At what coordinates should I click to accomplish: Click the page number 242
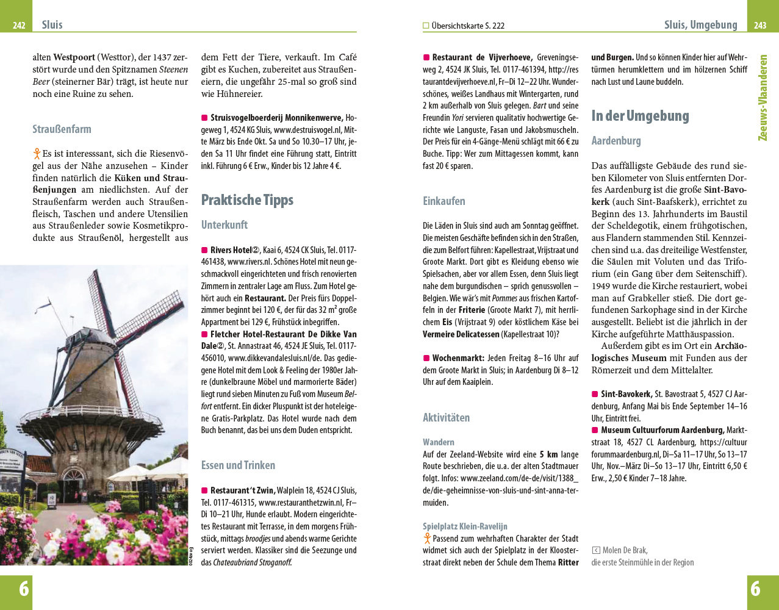click(x=19, y=26)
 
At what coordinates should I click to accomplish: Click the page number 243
click(x=759, y=26)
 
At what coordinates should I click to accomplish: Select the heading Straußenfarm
click(x=62, y=129)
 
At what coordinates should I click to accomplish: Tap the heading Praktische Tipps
click(x=247, y=200)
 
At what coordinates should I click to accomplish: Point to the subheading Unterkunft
click(x=224, y=225)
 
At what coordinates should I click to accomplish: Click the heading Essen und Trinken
click(x=238, y=465)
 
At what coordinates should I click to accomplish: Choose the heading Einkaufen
click(x=443, y=201)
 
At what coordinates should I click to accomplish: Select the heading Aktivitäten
click(x=446, y=418)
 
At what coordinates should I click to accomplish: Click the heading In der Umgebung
click(x=640, y=116)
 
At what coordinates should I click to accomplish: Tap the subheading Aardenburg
click(x=616, y=141)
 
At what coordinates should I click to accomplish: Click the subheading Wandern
click(x=438, y=442)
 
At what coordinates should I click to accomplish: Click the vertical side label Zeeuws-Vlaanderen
click(x=763, y=98)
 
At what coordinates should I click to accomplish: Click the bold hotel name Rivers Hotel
click(x=231, y=250)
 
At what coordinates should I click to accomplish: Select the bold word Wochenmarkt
click(x=458, y=358)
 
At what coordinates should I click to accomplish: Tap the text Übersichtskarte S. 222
click(x=467, y=26)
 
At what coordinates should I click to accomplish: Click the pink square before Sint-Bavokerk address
click(x=595, y=395)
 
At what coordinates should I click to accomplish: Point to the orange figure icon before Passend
click(x=427, y=539)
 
